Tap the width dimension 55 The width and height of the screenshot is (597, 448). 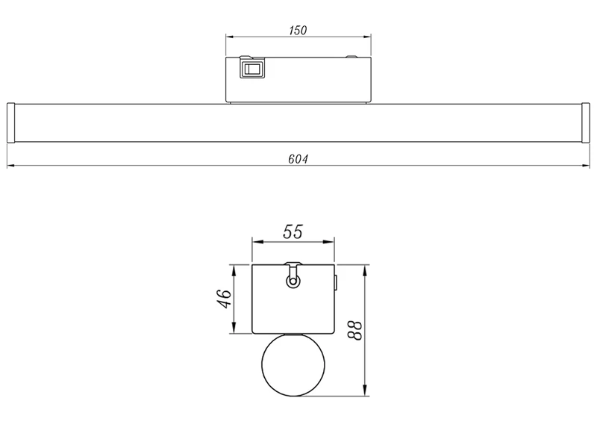293,231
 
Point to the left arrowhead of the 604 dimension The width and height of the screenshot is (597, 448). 10,166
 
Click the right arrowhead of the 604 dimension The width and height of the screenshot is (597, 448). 586,166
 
